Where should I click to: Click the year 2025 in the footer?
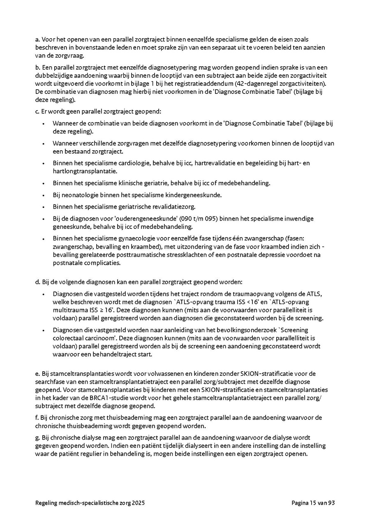137,503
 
